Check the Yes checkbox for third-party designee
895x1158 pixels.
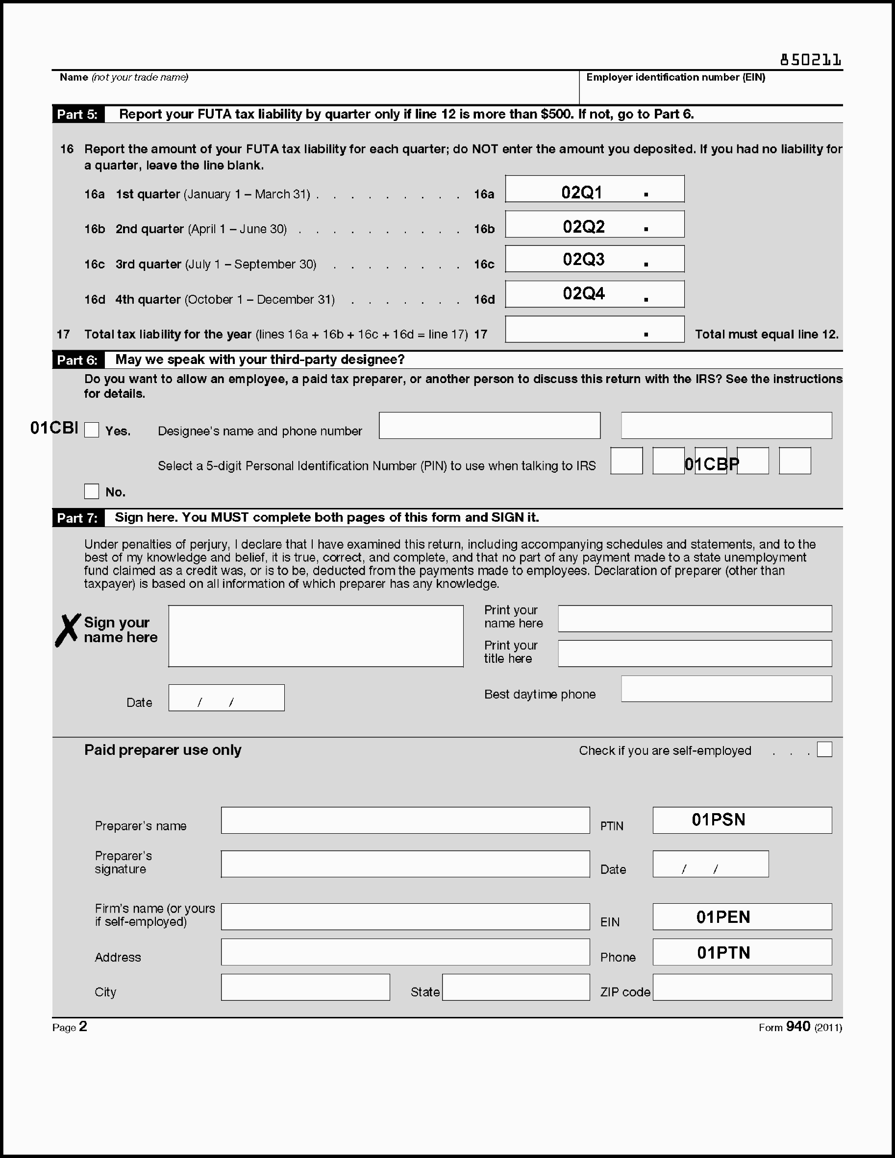(x=92, y=430)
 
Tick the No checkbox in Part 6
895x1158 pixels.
(x=92, y=491)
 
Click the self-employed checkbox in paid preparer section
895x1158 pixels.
(x=824, y=750)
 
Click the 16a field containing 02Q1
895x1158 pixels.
(x=594, y=189)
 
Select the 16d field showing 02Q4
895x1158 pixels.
(x=594, y=294)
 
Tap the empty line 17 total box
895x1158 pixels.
(x=594, y=329)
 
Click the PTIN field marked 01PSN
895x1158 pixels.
(x=742, y=820)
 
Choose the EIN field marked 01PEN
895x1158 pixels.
(x=742, y=917)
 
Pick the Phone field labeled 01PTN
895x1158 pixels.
(x=742, y=952)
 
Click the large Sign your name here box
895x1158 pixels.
(x=316, y=636)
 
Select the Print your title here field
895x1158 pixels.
(x=695, y=654)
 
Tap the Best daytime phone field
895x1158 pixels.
(x=726, y=689)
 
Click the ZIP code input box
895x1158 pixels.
(x=742, y=987)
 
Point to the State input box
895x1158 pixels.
(x=516, y=987)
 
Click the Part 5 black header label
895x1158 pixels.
(x=78, y=115)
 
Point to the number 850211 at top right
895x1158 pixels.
(x=810, y=60)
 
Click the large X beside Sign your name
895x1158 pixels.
(x=68, y=630)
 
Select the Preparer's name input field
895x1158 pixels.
(x=405, y=820)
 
